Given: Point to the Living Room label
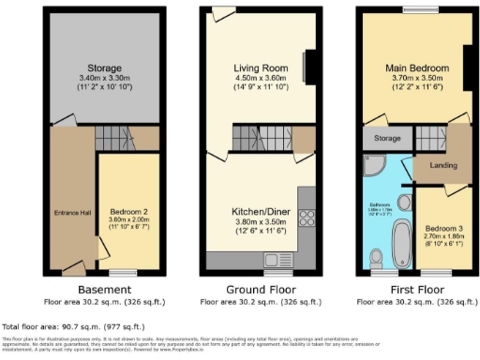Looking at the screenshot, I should coord(259,68).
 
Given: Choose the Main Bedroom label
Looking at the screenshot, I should coord(413,68).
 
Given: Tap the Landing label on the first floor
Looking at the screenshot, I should coord(442,166).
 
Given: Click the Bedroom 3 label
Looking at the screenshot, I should coord(443,228).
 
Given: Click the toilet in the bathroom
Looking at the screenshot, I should coord(377,257).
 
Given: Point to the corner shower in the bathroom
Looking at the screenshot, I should coord(371,168).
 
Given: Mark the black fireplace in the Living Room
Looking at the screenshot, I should coord(310,67).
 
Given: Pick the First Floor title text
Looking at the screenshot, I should coord(413,290).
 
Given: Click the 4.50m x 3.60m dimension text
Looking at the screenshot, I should coord(259,80).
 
